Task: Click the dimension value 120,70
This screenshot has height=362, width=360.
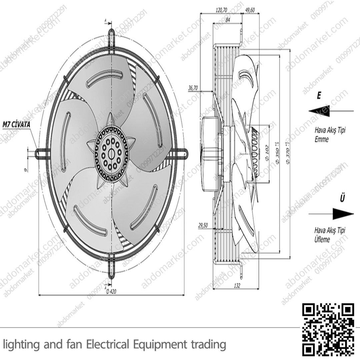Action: [x=221, y=10]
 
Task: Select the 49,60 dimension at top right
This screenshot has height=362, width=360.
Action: [x=250, y=10]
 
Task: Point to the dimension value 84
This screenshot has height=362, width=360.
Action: [x=228, y=20]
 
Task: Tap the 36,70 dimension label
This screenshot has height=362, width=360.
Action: [x=193, y=88]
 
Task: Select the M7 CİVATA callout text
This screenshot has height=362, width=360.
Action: [x=16, y=124]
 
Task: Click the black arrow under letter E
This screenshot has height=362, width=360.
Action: [x=320, y=111]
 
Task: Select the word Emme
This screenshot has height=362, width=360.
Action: [x=321, y=139]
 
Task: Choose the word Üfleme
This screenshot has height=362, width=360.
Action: [x=322, y=240]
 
